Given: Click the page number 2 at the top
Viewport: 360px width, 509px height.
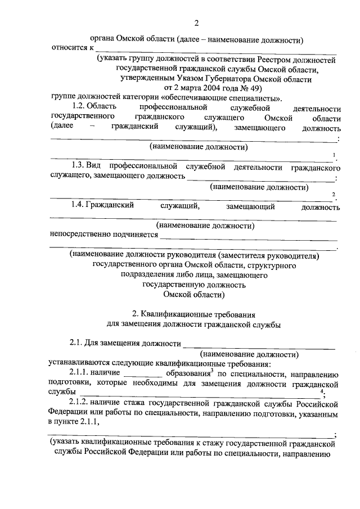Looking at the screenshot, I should click(x=196, y=23).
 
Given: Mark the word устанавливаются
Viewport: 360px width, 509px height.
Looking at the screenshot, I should click(x=80, y=363).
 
